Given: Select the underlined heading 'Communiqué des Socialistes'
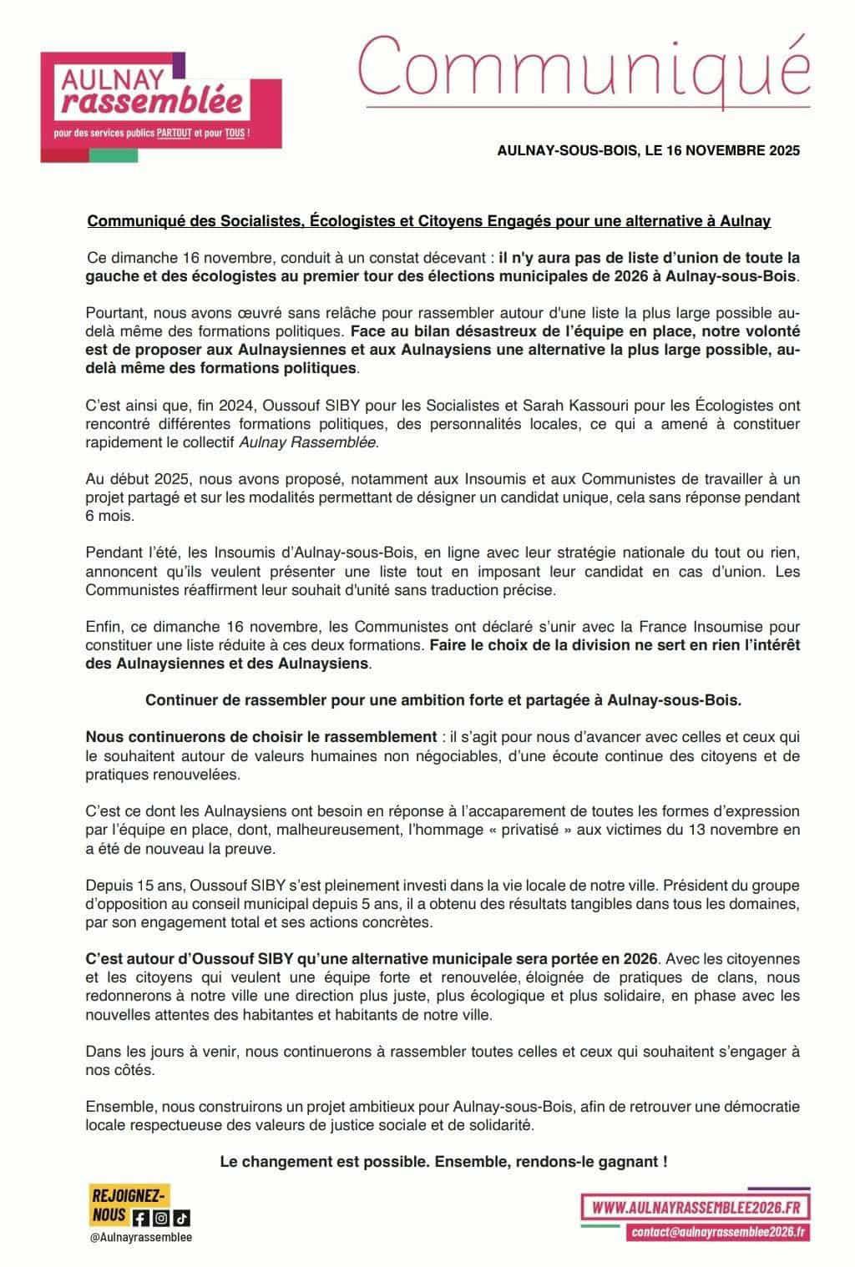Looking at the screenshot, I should [x=197, y=222].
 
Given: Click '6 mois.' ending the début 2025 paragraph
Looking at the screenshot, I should [x=109, y=516].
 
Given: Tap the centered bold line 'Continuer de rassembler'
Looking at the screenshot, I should [x=443, y=700].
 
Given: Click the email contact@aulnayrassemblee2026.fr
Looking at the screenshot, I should [x=719, y=1231].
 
